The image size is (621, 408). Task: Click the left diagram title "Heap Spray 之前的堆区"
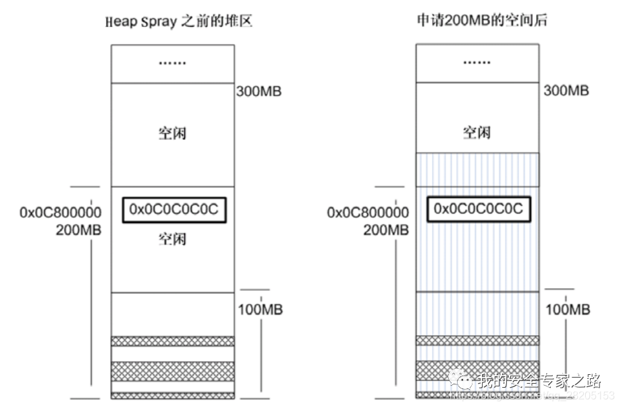click(178, 22)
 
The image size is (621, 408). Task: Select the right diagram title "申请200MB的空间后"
click(481, 22)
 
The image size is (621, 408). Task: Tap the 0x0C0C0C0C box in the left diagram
click(173, 210)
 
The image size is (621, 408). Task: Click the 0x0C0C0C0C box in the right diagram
click(478, 209)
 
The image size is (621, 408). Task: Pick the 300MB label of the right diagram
click(566, 91)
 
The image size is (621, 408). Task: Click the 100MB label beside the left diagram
click(260, 310)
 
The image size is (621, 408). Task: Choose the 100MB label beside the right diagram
click(567, 310)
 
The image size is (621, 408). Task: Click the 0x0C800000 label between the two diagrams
click(367, 213)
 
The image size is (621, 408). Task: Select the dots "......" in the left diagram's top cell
click(173, 63)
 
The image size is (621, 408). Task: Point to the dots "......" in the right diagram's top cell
click(477, 63)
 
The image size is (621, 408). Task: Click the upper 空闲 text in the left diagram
click(172, 132)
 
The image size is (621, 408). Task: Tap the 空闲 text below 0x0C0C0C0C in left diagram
click(172, 239)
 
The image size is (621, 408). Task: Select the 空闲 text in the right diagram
click(477, 132)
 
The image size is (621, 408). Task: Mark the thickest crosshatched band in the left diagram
click(173, 369)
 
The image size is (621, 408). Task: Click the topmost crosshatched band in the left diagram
click(173, 341)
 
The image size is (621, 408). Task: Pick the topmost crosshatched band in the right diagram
click(477, 340)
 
